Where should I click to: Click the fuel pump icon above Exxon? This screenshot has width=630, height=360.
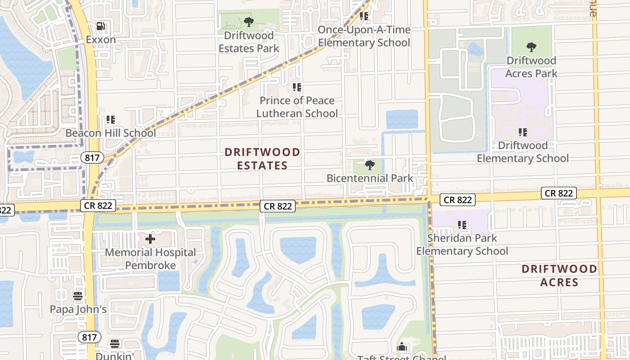point(101,27)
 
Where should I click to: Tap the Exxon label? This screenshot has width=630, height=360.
point(101,40)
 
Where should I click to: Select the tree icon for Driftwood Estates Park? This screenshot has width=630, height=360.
point(249,22)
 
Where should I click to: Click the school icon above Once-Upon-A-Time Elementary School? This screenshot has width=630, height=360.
point(364,17)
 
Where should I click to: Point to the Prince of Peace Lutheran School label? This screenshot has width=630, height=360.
point(297,107)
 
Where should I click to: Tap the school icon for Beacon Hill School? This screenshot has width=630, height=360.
point(111,120)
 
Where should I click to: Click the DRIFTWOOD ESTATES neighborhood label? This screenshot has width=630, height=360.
point(262,159)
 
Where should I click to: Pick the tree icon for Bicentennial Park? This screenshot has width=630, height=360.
point(370,165)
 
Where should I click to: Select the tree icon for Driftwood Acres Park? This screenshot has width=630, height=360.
point(531,47)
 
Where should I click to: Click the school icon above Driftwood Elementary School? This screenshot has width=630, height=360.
point(523,132)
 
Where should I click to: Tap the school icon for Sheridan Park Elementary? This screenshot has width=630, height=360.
point(462,225)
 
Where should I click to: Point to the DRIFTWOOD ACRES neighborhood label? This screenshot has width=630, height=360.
point(559,275)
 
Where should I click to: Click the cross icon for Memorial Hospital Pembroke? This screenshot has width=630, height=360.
point(150,239)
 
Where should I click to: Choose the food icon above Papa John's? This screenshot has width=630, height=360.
point(78,296)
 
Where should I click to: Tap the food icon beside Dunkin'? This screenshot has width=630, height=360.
point(115,344)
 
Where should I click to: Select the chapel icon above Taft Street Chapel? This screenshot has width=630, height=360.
point(402,347)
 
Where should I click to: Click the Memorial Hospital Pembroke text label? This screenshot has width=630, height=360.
point(150,259)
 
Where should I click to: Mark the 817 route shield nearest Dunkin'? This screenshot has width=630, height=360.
point(89,337)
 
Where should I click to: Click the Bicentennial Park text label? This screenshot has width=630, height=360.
point(370,178)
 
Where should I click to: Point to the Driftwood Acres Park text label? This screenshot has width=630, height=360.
point(531,67)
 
